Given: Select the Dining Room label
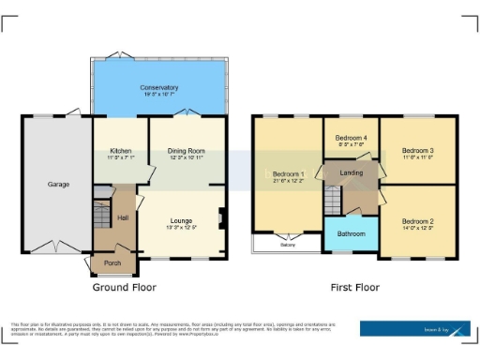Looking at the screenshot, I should [x=186, y=150].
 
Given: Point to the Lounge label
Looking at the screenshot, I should [x=181, y=219].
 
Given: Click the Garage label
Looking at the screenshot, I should [x=58, y=185].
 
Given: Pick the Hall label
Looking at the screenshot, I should [x=122, y=217].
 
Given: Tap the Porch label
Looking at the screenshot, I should [x=112, y=262].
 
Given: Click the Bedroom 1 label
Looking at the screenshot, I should [x=288, y=174].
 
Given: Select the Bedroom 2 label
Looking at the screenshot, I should [x=417, y=220].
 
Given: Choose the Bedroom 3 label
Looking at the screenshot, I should [x=417, y=151].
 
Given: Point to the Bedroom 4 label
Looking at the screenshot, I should [x=351, y=139].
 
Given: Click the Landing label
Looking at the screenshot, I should [x=352, y=173].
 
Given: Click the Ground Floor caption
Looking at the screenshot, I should [x=124, y=287].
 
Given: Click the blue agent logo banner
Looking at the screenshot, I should [x=415, y=328].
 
